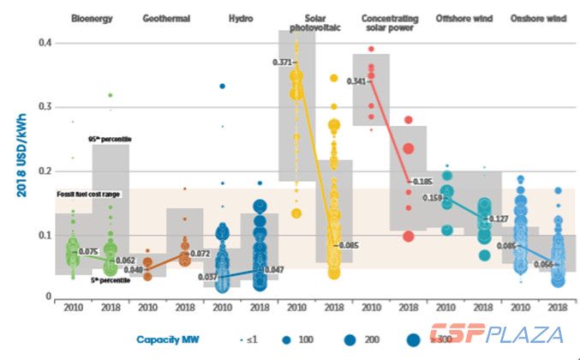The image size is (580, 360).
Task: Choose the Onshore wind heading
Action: point(536,17)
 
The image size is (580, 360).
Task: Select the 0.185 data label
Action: point(421,182)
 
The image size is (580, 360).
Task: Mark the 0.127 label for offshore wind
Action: point(498,219)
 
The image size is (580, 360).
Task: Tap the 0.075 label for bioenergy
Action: point(87,251)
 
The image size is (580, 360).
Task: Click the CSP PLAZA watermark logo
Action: point(496,335)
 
